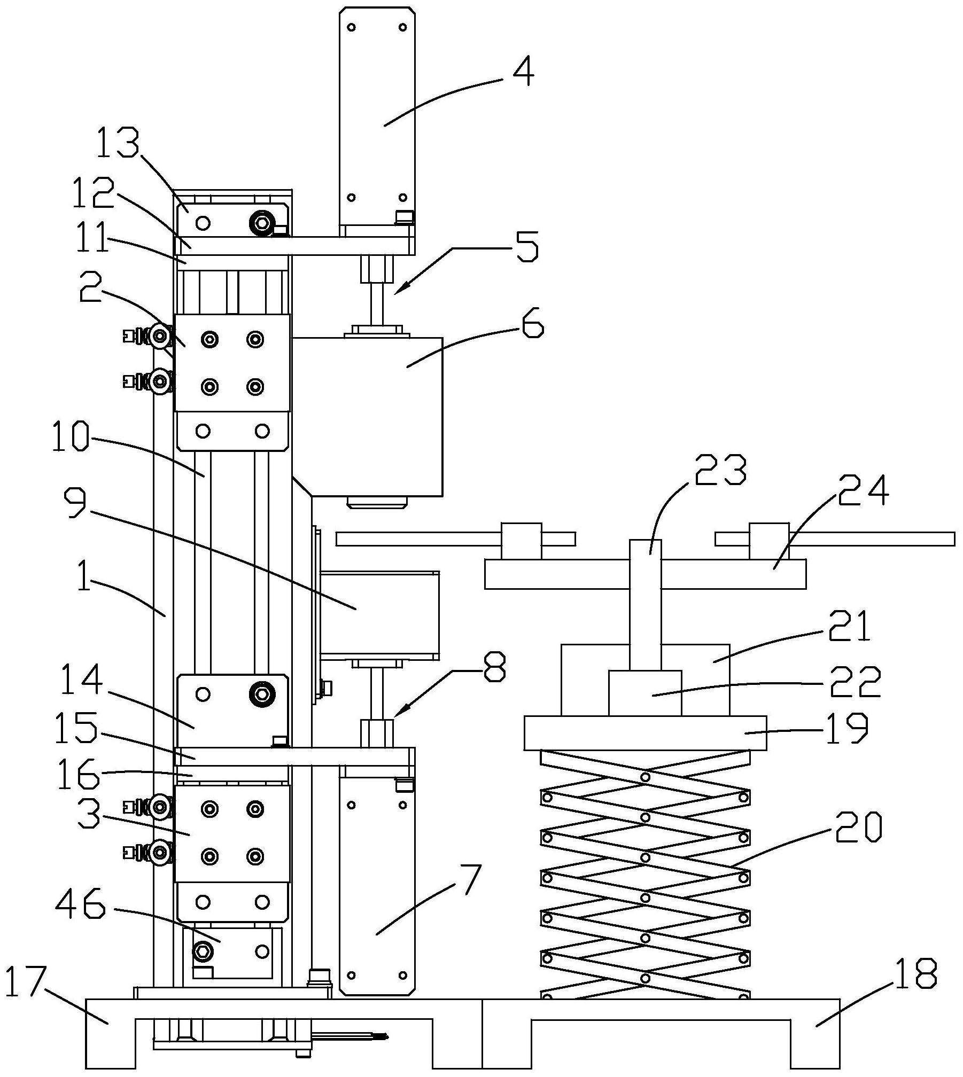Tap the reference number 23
point(719,469)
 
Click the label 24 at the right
point(863,490)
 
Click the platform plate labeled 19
point(645,733)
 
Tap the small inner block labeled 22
point(645,693)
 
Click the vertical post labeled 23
point(646,605)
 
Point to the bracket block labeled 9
point(379,615)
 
